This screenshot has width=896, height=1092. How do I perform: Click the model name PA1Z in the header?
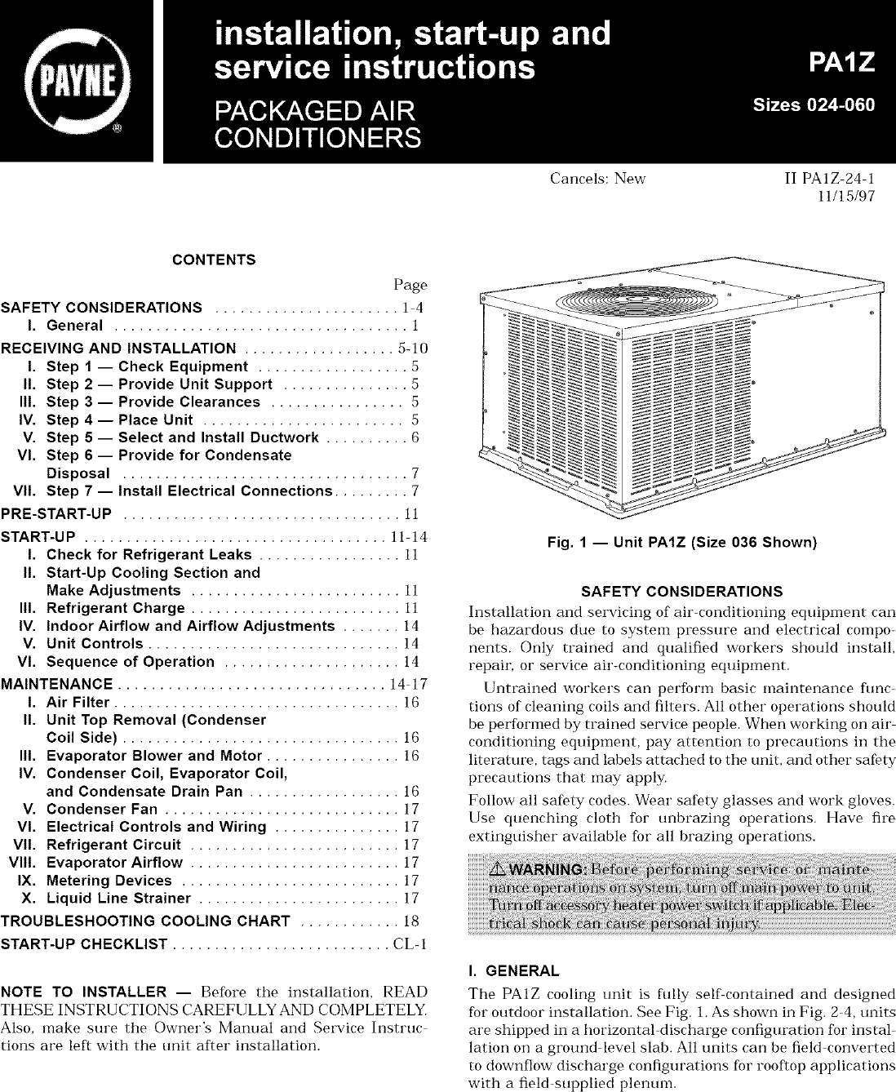(x=838, y=62)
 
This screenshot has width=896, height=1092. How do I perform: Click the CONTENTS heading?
(x=214, y=260)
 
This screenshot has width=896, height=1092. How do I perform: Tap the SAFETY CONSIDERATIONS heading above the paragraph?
(x=681, y=591)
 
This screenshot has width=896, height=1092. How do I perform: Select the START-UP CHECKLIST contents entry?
(x=85, y=945)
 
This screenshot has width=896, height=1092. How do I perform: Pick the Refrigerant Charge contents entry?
(x=116, y=608)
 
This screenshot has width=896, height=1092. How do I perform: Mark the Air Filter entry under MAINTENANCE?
(x=78, y=702)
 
